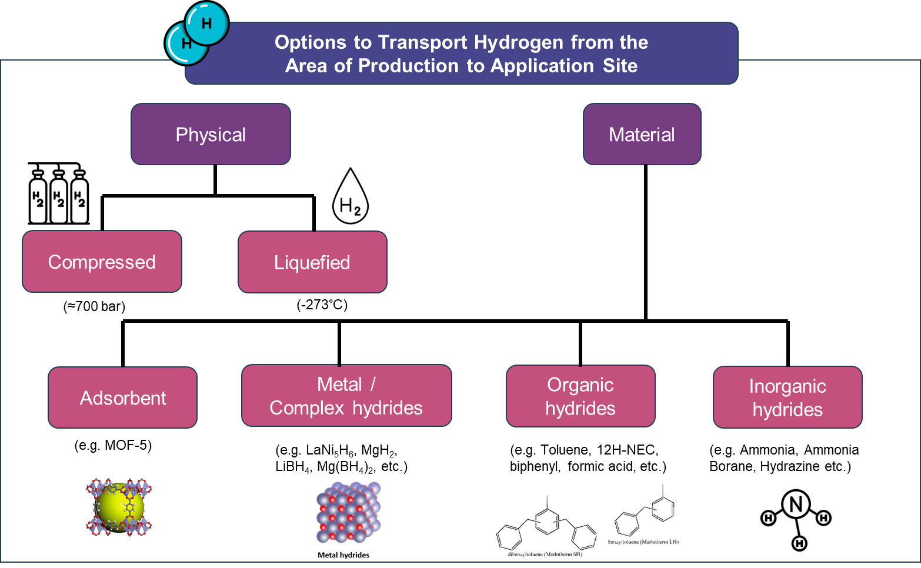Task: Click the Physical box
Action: [211, 134]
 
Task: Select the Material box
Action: [642, 134]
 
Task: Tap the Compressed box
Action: [102, 262]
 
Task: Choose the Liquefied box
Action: [312, 262]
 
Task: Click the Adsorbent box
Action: [122, 397]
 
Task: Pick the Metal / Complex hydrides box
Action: [346, 396]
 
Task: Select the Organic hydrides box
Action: [580, 396]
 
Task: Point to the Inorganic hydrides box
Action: [787, 397]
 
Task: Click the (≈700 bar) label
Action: [94, 306]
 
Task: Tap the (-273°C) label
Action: [322, 305]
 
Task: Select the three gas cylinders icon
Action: [59, 194]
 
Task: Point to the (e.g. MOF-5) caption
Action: [113, 445]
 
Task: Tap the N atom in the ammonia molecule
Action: [796, 504]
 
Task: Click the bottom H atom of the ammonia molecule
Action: [799, 543]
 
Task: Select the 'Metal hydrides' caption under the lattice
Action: [343, 555]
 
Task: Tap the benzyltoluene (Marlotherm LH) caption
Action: [643, 542]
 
